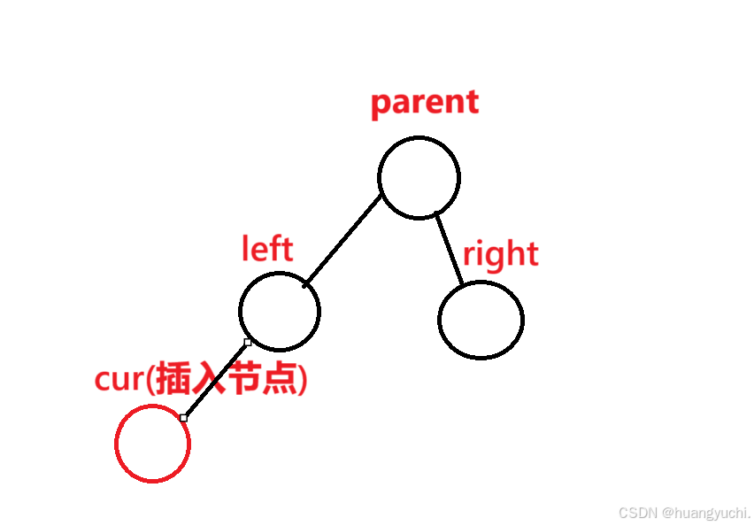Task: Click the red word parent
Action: tap(424, 103)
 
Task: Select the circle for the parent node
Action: tap(419, 177)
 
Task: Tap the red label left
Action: tap(266, 249)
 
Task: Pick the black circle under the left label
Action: tap(280, 311)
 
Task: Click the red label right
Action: tap(500, 254)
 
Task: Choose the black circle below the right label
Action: tap(481, 320)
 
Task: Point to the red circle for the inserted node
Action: tap(152, 444)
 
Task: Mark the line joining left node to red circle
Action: tap(215, 380)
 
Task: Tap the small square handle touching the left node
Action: tap(248, 342)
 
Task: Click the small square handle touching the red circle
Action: tap(183, 417)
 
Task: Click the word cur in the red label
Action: tap(119, 380)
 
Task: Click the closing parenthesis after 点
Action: tap(303, 381)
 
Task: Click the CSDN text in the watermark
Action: tap(638, 513)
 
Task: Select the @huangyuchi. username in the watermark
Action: tap(706, 514)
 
